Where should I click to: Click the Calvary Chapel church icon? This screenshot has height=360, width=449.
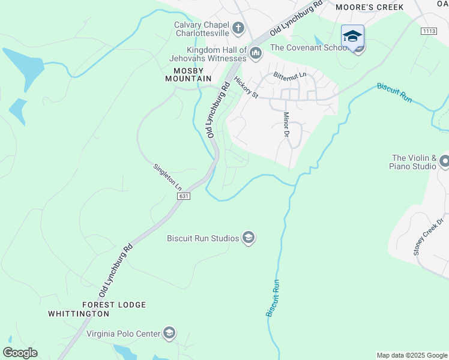(x=238, y=28)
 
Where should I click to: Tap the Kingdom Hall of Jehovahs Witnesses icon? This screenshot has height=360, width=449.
(x=256, y=54)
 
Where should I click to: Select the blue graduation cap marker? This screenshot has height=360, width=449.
(x=352, y=35)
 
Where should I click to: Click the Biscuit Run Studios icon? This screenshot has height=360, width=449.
(x=249, y=238)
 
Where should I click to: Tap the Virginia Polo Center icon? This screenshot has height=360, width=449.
(x=169, y=334)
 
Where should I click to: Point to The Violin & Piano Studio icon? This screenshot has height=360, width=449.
(x=444, y=161)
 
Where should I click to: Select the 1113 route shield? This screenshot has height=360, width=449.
(x=429, y=31)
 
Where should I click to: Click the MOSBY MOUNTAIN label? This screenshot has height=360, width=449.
(x=188, y=74)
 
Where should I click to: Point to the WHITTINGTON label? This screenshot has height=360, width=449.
(x=79, y=314)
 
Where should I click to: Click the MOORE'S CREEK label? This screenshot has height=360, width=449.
(x=369, y=7)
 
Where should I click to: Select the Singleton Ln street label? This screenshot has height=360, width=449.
(x=167, y=178)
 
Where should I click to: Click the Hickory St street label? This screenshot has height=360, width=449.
(x=246, y=88)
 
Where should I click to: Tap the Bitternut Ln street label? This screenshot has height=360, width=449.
(x=289, y=76)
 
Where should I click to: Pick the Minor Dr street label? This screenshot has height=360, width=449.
(x=286, y=124)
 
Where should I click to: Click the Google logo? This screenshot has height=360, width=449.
(x=20, y=353)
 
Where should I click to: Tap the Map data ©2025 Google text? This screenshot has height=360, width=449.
(x=412, y=355)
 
